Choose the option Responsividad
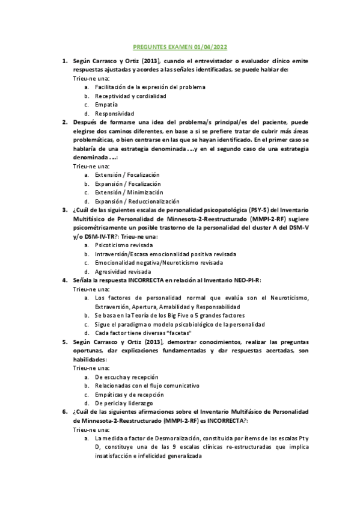tap(114, 114)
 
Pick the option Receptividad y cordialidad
tap(130, 96)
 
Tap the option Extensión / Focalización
tap(127, 174)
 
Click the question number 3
tap(64, 210)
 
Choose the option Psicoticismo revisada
tap(124, 245)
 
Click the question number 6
tap(64, 411)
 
